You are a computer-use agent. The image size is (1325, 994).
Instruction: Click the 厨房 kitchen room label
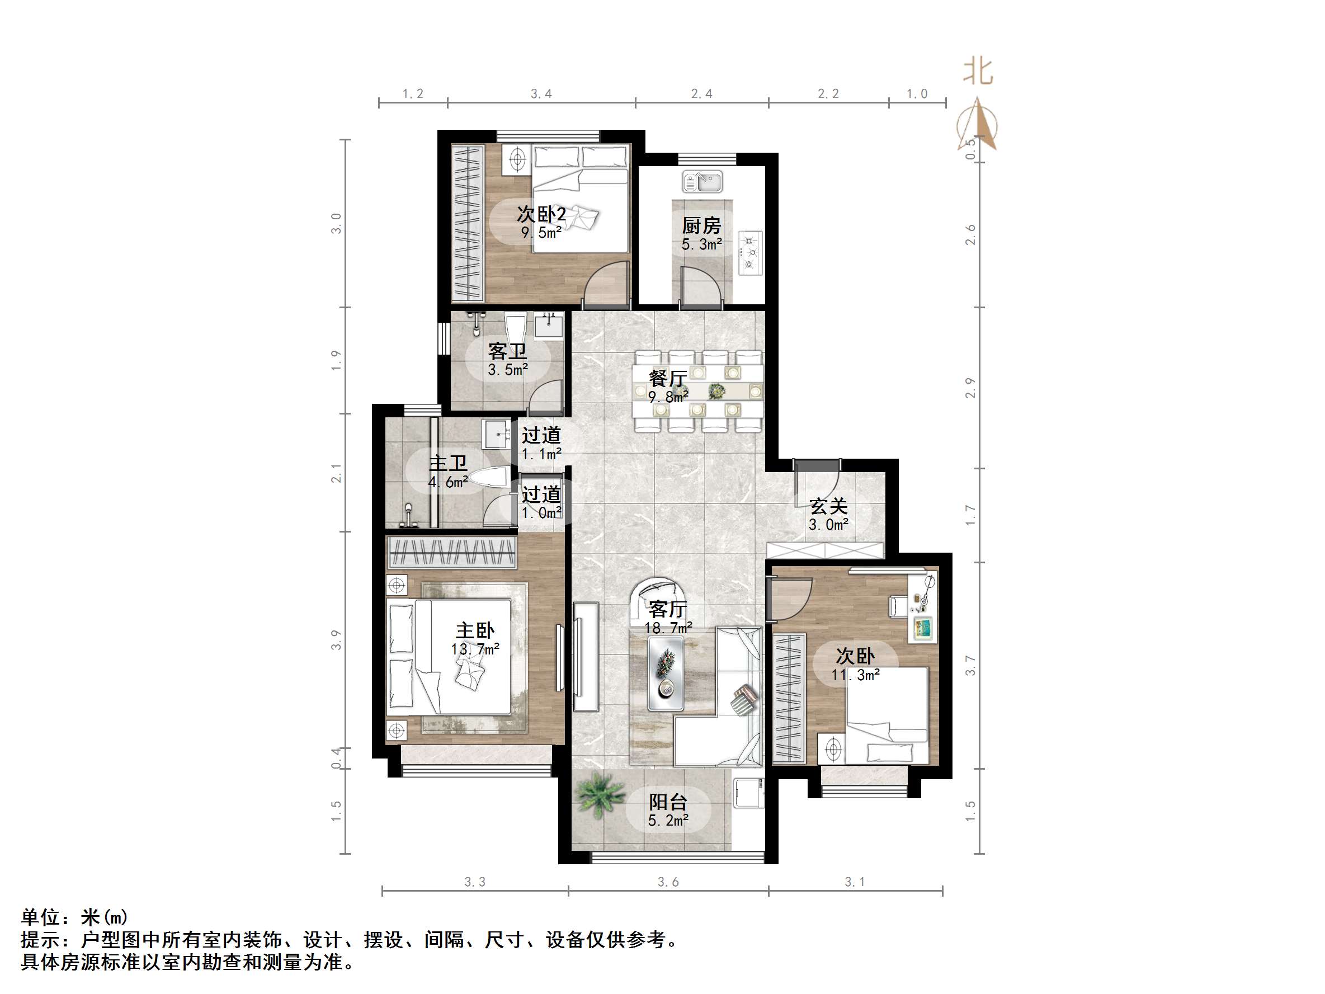(701, 226)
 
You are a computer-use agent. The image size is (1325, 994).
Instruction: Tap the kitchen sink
(702, 181)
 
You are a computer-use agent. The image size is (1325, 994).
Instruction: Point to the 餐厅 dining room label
(667, 378)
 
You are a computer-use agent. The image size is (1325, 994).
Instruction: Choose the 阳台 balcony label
(668, 802)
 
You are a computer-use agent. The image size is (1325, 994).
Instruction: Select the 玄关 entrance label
(828, 506)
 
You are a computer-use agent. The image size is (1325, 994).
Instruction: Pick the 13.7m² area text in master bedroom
(475, 649)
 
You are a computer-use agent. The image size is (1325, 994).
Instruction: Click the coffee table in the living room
(666, 673)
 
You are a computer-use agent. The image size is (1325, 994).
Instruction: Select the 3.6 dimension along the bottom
(668, 882)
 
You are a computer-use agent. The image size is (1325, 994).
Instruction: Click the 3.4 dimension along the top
(541, 94)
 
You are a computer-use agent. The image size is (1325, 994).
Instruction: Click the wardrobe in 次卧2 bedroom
(467, 224)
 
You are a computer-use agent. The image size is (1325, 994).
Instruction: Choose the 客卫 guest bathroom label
(507, 351)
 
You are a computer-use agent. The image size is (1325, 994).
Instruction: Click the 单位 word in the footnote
(41, 917)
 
